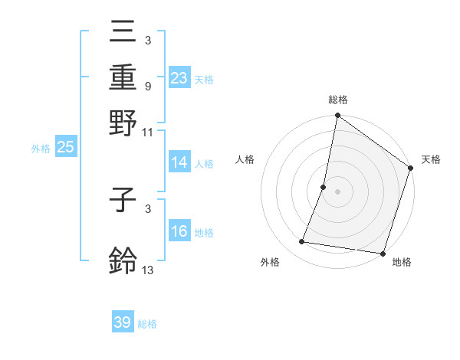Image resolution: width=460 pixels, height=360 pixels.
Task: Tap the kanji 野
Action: (123, 123)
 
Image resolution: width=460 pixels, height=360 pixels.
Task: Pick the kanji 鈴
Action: (123, 260)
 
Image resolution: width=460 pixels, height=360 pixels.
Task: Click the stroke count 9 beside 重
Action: (147, 87)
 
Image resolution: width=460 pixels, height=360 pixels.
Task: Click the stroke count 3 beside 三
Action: (147, 40)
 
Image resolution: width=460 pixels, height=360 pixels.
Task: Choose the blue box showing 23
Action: (179, 78)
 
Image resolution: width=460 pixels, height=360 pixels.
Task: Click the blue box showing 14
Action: (179, 162)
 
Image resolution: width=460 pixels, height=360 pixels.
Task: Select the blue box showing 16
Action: (179, 231)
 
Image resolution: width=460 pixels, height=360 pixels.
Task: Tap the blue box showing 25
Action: (65, 147)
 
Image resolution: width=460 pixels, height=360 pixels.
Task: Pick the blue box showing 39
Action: (123, 322)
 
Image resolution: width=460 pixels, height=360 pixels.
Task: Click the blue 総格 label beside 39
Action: (147, 324)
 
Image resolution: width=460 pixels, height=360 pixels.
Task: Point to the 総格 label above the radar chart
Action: (337, 100)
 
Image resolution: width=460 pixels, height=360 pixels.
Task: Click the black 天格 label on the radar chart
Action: (431, 159)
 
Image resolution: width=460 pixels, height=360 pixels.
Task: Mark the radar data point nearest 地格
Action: (383, 254)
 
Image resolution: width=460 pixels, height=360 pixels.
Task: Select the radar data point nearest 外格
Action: (302, 242)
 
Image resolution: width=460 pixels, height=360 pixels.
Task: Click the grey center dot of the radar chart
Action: (337, 191)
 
